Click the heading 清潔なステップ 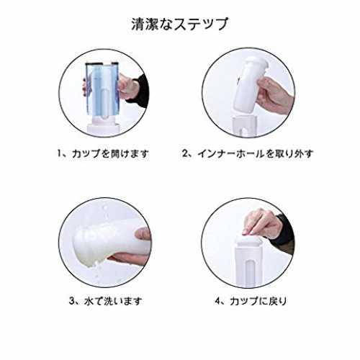pyautogui.click(x=179, y=24)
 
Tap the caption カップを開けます pyautogui.click(x=110, y=153)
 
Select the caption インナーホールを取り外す pyautogui.click(x=256, y=153)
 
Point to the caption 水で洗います pyautogui.click(x=113, y=301)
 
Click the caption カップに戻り pyautogui.click(x=258, y=301)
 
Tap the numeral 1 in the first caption pyautogui.click(x=60, y=153)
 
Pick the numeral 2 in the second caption pyautogui.click(x=185, y=153)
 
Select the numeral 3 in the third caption pyautogui.click(x=72, y=300)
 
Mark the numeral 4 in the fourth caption pyautogui.click(x=217, y=300)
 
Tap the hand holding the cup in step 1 pyautogui.click(x=128, y=86)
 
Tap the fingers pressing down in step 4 pyautogui.click(x=261, y=223)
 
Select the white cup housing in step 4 pyautogui.click(x=247, y=261)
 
